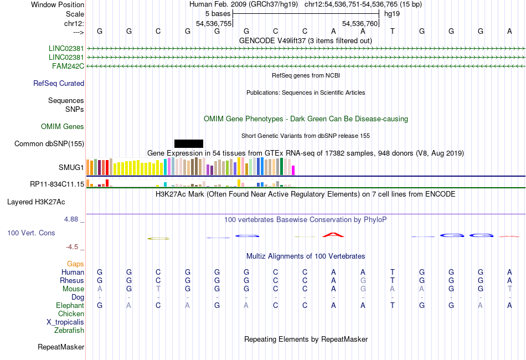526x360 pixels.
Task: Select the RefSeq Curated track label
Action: [59, 84]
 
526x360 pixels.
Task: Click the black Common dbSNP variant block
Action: [189, 143]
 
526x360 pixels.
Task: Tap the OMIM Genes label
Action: [63, 127]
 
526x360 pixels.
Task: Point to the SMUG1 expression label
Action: [71, 167]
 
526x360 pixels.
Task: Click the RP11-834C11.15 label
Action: [57, 184]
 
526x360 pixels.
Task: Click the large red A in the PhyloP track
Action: [333, 235]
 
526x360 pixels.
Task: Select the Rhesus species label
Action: [72, 281]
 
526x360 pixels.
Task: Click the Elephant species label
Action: [70, 305]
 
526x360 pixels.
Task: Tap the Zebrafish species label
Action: [69, 331]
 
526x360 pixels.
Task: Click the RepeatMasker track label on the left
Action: [61, 347]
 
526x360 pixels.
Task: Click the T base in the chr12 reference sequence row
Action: [393, 31]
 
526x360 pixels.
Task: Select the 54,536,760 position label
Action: [360, 24]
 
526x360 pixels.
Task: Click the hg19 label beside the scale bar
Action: [391, 13]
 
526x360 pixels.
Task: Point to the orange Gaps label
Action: [75, 264]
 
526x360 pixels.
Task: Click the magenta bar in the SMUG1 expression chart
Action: [293, 170]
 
